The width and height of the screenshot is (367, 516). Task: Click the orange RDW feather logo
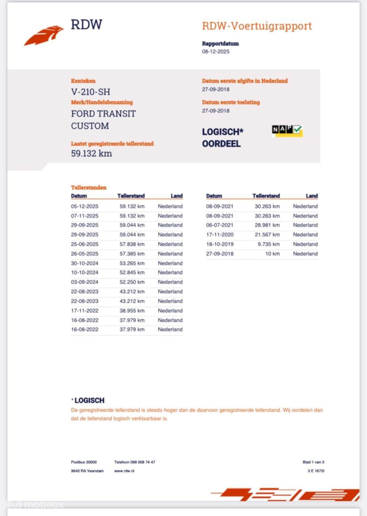pos(44,35)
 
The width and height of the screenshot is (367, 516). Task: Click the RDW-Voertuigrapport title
pos(257,26)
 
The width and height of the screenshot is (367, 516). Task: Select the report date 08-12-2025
pos(216,52)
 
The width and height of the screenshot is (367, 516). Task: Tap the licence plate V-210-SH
pos(91,92)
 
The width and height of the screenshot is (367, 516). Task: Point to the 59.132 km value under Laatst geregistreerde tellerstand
pos(91,153)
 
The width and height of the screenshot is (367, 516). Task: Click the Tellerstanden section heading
pos(89,187)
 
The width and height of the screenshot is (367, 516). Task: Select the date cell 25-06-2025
pos(85,244)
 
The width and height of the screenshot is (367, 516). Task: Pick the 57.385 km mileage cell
pos(132,254)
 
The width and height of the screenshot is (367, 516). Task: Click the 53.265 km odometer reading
pos(132,263)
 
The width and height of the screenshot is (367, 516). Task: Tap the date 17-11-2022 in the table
pos(85,311)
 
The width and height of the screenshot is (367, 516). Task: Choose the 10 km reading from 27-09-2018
pos(272,254)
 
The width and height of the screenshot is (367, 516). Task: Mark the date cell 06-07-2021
pos(220,225)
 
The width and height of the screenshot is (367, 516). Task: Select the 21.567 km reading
pos(267,235)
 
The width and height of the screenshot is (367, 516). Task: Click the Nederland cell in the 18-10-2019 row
pos(305,244)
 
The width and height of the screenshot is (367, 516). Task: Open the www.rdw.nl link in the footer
pos(124,471)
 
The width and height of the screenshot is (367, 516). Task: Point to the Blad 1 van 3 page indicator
pos(313,462)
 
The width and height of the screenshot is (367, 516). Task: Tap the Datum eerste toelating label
pos(231,102)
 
